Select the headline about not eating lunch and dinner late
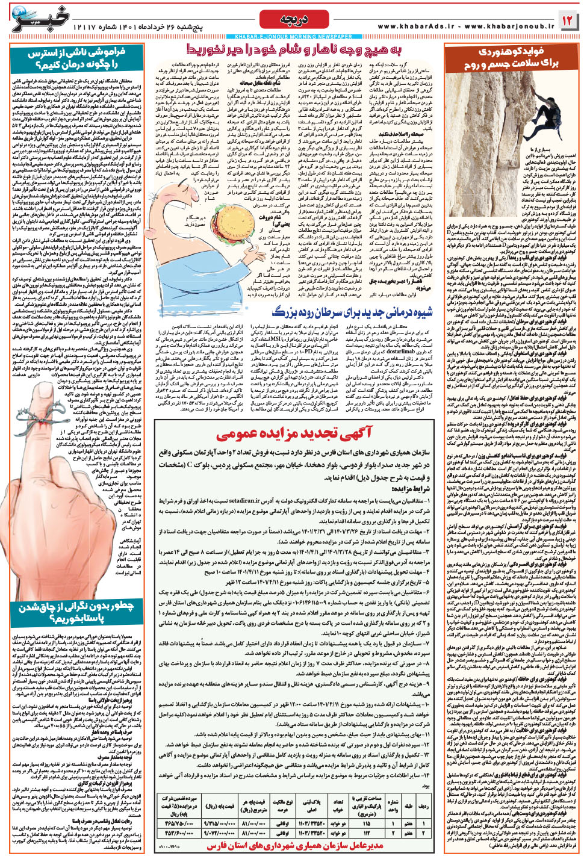click(x=296, y=49)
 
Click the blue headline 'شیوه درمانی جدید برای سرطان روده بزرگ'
click(x=352, y=312)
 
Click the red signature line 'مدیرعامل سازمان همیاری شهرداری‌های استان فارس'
click(x=296, y=846)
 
